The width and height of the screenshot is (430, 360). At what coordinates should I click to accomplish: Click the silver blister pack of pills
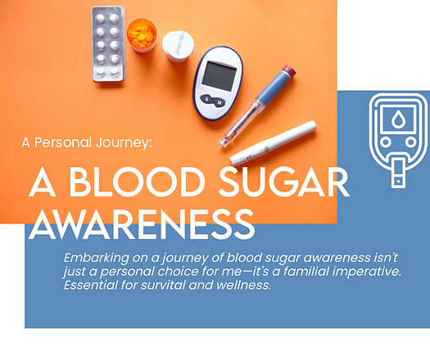108,44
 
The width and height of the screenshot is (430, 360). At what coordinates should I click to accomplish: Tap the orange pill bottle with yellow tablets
142,35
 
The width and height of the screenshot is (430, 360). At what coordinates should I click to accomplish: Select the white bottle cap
178,46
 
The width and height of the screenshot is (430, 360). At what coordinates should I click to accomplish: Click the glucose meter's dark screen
220,76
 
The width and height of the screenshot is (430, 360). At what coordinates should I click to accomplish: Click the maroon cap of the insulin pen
289,71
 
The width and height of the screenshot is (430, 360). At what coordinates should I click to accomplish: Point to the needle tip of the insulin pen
217,151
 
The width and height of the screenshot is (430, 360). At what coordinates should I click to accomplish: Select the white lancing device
273,143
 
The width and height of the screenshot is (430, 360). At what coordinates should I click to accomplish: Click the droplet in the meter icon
398,119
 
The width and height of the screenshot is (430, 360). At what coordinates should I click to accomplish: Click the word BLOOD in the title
137,182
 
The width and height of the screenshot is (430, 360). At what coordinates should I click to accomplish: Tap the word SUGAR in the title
284,182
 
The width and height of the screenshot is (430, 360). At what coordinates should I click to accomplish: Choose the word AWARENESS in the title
142,224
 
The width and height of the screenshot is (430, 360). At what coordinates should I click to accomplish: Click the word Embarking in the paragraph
97,258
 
